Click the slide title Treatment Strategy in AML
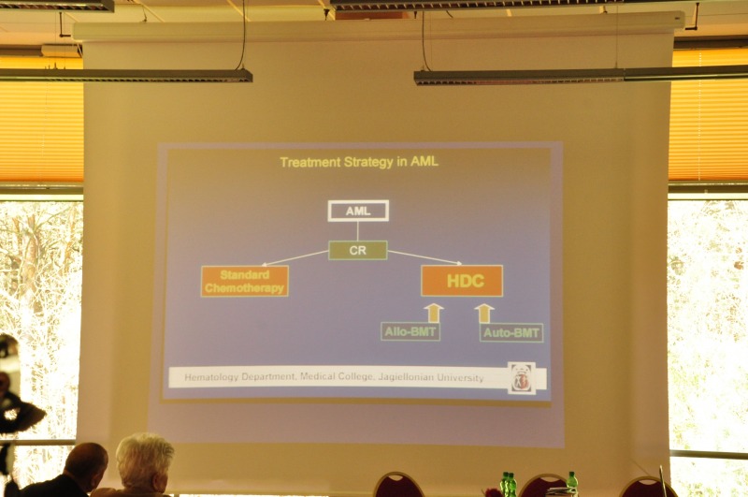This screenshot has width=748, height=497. (359, 162)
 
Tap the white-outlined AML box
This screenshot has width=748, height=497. (358, 211)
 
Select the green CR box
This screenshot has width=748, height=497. (358, 250)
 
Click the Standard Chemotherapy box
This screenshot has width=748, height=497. (245, 281)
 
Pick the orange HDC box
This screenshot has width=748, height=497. (462, 281)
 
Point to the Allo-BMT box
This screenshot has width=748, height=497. (410, 331)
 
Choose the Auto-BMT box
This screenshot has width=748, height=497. (511, 332)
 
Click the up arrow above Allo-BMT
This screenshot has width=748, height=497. (434, 314)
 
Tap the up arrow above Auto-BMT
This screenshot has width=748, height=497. (484, 314)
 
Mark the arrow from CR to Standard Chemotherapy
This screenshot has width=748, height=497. (295, 257)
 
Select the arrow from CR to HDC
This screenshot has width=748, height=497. (424, 257)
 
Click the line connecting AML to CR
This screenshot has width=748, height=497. (358, 231)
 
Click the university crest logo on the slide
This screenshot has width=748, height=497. (522, 378)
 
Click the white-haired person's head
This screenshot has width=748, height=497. (144, 461)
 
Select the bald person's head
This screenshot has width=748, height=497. (86, 467)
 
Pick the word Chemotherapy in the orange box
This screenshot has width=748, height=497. (244, 288)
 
